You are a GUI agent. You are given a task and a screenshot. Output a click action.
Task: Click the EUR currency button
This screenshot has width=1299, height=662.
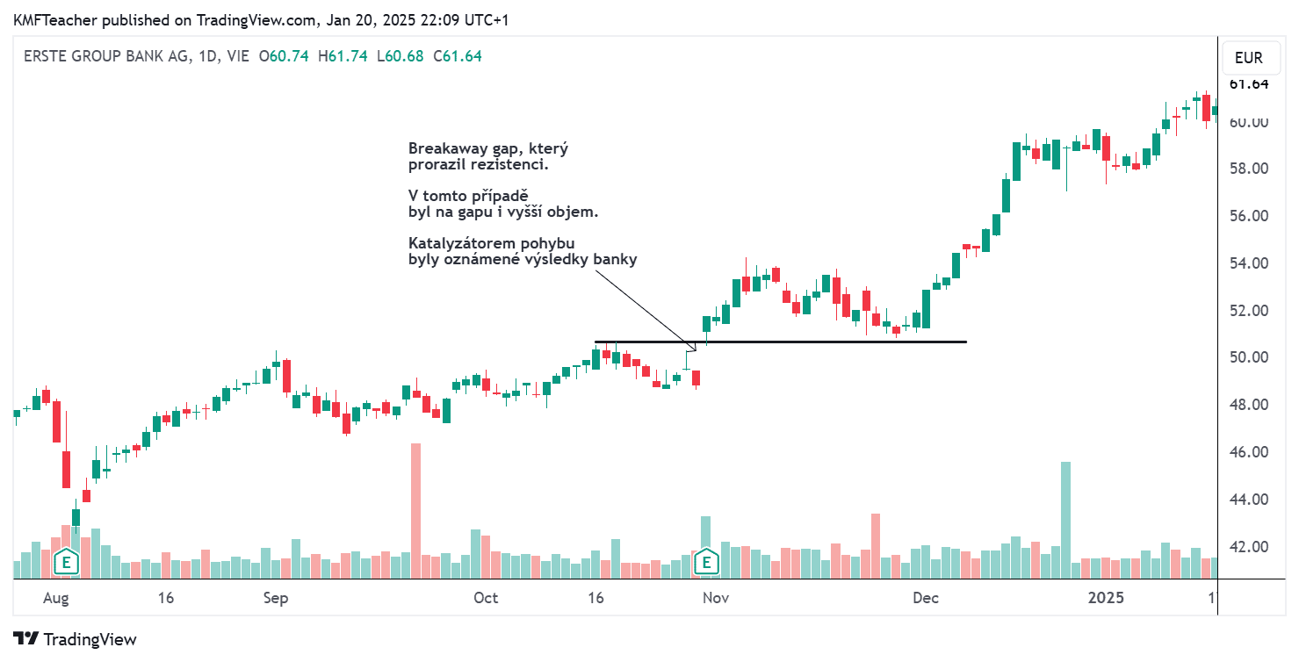coord(1248,58)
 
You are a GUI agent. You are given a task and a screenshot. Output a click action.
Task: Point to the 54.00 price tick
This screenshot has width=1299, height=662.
coord(1248,263)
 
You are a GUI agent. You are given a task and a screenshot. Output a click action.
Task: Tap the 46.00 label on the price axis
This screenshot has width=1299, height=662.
coord(1248,452)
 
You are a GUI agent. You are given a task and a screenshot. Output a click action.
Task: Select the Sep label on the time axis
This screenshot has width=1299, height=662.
coord(276,598)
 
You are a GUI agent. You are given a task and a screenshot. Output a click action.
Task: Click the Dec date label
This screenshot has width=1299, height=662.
coord(925,598)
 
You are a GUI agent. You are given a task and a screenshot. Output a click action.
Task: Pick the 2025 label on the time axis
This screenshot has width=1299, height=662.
coord(1106,598)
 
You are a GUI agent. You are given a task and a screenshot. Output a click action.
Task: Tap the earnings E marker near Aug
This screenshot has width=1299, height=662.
coord(64,562)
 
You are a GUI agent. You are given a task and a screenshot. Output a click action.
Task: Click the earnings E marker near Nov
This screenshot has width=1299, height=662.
coord(705,562)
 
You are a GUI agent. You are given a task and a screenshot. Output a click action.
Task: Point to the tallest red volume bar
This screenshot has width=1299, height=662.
coord(415,509)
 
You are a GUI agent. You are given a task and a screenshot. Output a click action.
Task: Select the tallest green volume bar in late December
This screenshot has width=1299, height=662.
coord(1065,518)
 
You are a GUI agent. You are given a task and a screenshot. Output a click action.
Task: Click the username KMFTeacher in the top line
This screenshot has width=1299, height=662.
coord(53,19)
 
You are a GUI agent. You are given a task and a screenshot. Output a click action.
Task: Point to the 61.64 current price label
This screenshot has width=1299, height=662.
coord(1248,84)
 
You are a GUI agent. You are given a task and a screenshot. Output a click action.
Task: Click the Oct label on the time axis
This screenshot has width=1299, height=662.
coord(485,598)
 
